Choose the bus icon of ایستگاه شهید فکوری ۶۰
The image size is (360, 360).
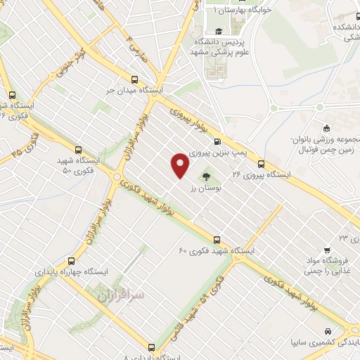pyautogui.click(x=217, y=240)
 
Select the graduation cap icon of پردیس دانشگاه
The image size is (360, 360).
pyautogui.click(x=217, y=31)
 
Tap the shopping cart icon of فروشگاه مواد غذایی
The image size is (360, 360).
pyautogui.click(x=328, y=250)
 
